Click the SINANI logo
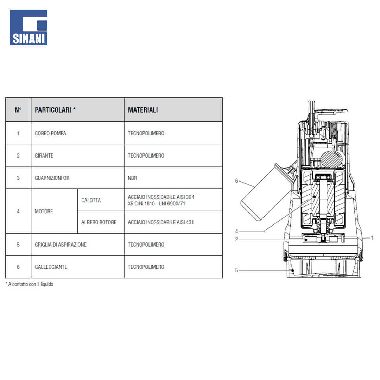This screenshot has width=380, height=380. [28, 27]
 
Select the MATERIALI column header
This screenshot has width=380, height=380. [143, 110]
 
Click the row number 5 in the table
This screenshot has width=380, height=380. [18, 245]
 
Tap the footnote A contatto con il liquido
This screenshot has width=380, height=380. [29, 284]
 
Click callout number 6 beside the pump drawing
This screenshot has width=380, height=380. [236, 181]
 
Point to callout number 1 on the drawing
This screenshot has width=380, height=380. [372, 238]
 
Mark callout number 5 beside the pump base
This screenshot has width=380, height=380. [236, 270]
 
